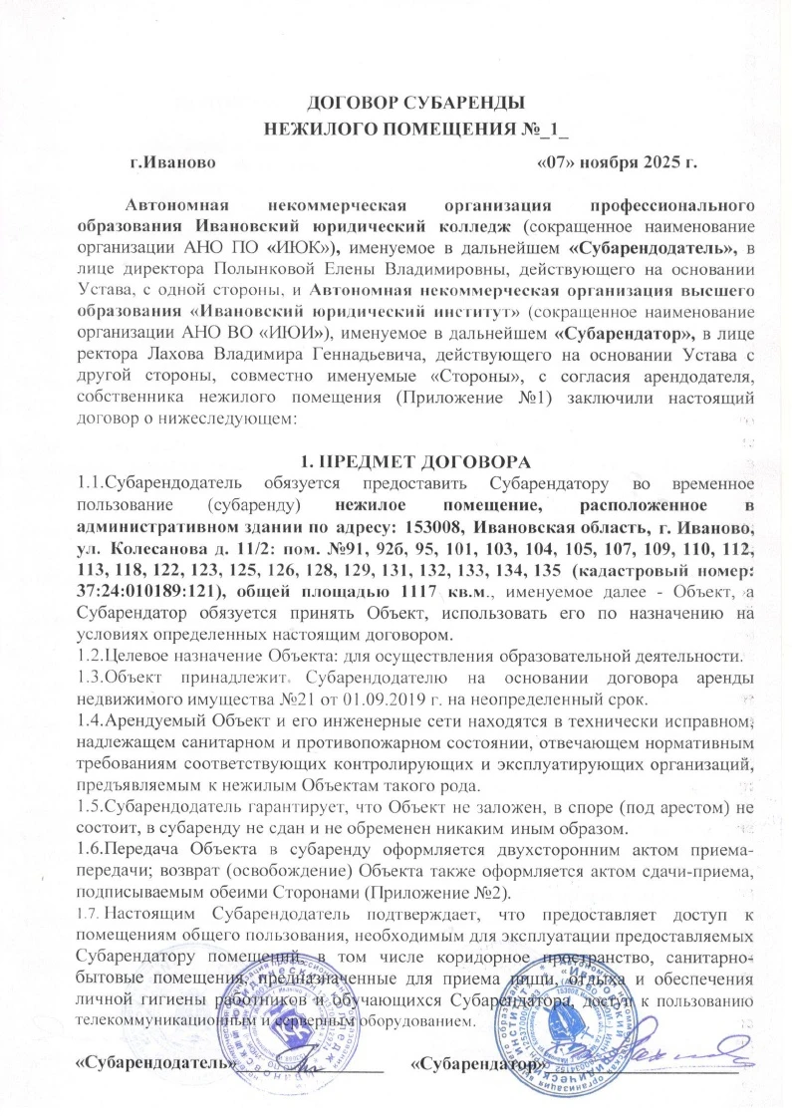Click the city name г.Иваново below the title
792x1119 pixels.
point(172,160)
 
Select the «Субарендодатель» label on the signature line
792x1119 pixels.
point(155,1065)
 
